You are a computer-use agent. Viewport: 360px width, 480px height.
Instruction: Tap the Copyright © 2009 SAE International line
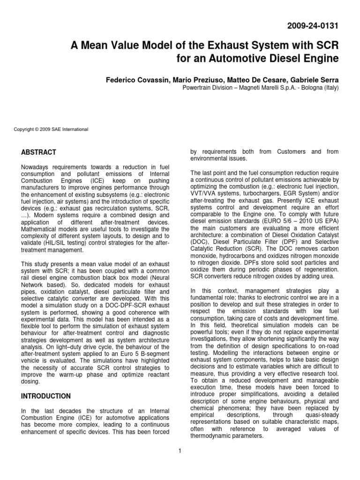pos(52,129)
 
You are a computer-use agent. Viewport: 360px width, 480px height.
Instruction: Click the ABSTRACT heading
pos(39,152)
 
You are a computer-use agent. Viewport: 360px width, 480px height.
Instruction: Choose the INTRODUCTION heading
pos(46,396)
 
